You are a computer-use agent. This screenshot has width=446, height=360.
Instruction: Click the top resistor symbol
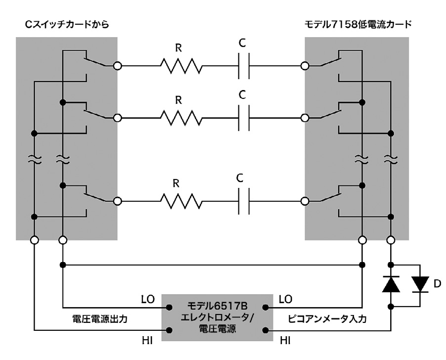click(180, 65)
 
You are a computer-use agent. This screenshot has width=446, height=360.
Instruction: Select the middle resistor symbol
click(180, 118)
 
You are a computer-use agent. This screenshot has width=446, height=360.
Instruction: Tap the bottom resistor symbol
click(180, 201)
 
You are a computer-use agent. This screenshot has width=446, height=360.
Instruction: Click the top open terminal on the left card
click(117, 65)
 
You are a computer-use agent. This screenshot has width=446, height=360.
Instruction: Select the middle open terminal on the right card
click(305, 118)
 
